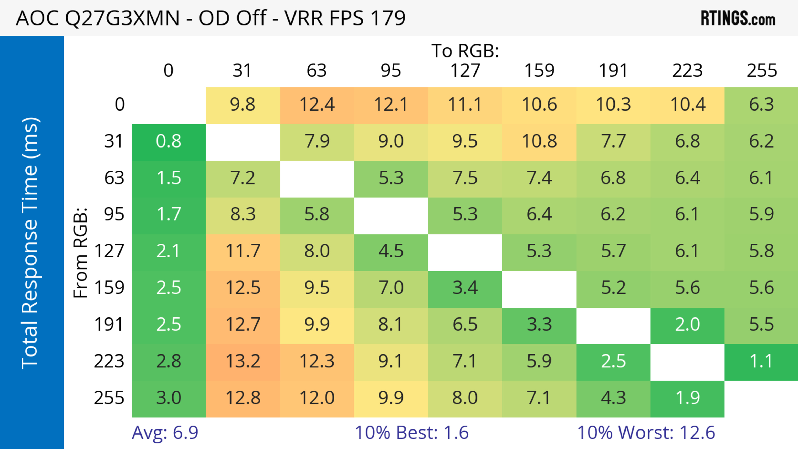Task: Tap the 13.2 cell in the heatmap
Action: [x=243, y=361]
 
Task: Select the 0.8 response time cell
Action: [x=169, y=141]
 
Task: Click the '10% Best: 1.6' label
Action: [x=411, y=432]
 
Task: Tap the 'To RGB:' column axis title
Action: [x=465, y=51]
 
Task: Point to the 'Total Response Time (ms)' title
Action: [x=30, y=243]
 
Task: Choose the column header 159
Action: [x=539, y=71]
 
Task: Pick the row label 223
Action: [x=109, y=361]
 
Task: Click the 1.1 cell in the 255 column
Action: [x=761, y=361]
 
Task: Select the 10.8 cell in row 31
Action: [x=539, y=141]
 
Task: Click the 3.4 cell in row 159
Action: [x=465, y=288]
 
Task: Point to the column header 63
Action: [x=316, y=71]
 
